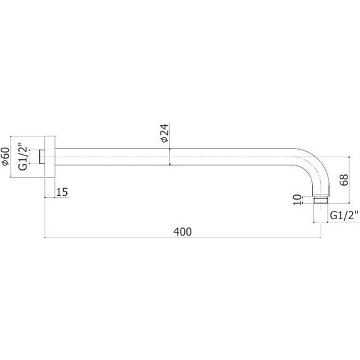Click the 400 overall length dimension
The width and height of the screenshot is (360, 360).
point(183,232)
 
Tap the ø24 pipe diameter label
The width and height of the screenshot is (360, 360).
point(165,133)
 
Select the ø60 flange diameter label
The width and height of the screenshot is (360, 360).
point(5,157)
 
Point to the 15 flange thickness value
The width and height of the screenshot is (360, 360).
point(62,192)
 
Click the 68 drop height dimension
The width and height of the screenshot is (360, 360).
point(344,180)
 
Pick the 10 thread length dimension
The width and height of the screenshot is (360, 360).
point(297,200)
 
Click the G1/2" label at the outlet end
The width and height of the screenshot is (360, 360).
point(344,215)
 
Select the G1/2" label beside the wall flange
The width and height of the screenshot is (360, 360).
point(23,157)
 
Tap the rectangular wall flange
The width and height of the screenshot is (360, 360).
point(50,157)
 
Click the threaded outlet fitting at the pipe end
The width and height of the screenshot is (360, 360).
point(320,200)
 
